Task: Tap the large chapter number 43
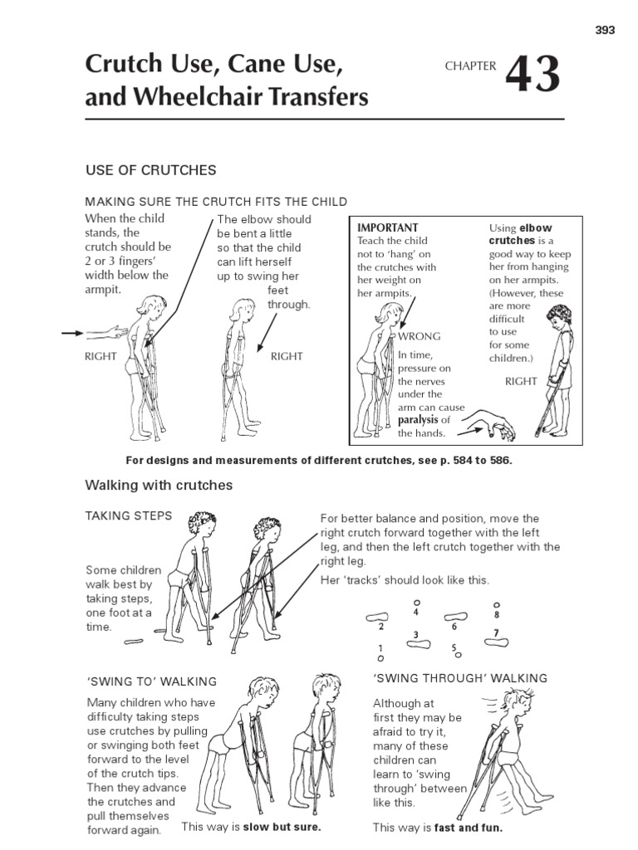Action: coord(532,76)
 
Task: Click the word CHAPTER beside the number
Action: coord(469,66)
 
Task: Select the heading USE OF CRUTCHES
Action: coord(151,170)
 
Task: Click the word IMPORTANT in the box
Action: coord(387,227)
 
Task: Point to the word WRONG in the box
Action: coord(420,336)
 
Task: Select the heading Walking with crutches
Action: coord(159,485)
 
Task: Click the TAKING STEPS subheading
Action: coord(129,516)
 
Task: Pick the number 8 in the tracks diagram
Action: coord(496,615)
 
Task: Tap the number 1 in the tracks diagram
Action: coord(380,648)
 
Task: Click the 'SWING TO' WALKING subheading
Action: coord(151,681)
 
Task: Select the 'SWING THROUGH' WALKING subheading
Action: coord(460,678)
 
